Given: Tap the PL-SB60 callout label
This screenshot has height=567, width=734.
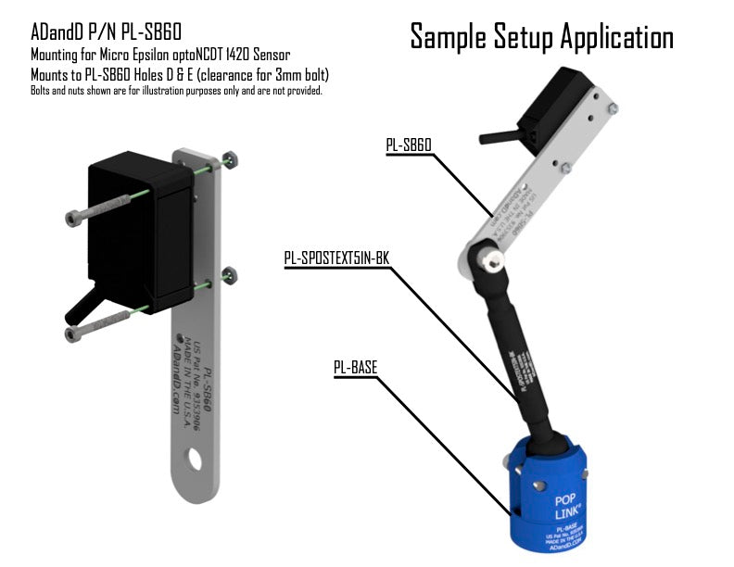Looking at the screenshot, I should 409,145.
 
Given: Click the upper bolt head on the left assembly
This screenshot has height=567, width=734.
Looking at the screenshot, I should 75,218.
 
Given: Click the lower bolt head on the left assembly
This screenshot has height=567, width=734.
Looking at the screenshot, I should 75,333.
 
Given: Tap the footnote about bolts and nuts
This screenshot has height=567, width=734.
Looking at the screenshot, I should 176,91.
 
